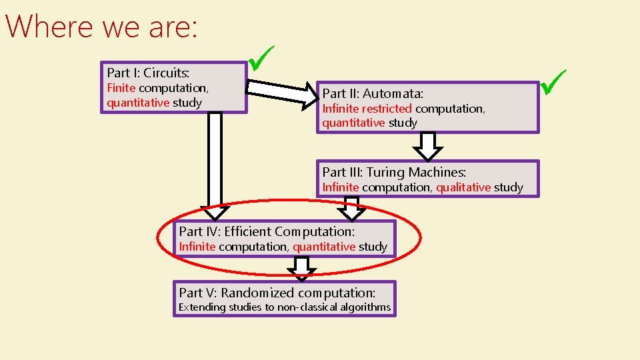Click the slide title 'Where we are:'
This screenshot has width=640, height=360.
click(x=101, y=27)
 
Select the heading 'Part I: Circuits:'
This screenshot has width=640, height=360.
click(x=148, y=73)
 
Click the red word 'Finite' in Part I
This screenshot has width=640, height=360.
click(x=121, y=88)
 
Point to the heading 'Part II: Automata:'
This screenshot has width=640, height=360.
click(x=373, y=93)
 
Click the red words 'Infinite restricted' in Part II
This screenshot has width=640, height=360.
click(x=367, y=109)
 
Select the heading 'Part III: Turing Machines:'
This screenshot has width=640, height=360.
click(x=394, y=172)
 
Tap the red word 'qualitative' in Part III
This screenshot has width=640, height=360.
click(x=463, y=187)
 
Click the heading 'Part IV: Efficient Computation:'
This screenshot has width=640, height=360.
click(x=267, y=231)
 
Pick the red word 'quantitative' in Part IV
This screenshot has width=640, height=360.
click(x=324, y=247)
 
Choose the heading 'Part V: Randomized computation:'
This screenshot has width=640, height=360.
click(x=277, y=293)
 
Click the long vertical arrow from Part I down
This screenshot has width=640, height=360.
click(x=215, y=163)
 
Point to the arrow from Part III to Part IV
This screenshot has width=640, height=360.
click(x=352, y=207)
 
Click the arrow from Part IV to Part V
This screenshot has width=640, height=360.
click(x=303, y=269)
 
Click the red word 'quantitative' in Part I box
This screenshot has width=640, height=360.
click(x=138, y=103)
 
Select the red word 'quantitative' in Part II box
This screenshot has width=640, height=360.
click(x=353, y=123)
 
